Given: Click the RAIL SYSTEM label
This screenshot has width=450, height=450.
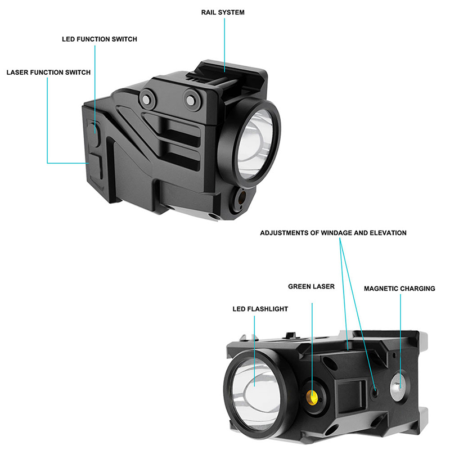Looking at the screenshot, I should click(x=223, y=12).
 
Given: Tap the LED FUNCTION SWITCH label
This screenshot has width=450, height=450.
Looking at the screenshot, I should click(x=100, y=39).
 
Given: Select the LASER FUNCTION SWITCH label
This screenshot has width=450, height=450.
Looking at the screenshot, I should click(x=48, y=73).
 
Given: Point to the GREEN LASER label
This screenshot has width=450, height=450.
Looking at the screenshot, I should click(x=311, y=286).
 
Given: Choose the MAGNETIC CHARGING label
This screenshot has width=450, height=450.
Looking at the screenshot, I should click(x=399, y=289).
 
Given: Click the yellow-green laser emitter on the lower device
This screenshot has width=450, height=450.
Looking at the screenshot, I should click(x=312, y=397).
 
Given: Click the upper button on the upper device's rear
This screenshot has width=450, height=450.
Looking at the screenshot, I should click(x=96, y=130).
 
